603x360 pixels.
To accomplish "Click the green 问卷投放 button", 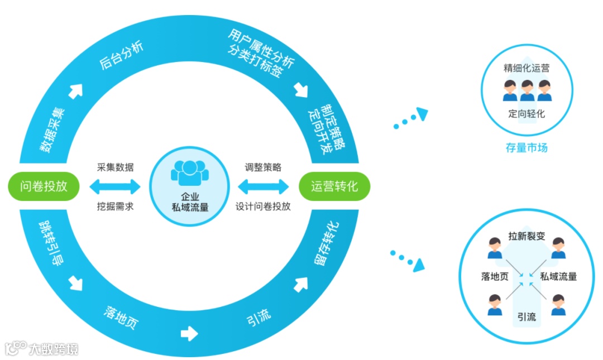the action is [x=44, y=186].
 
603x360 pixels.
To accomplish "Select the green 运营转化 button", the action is [x=334, y=186].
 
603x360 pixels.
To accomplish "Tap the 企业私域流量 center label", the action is [x=189, y=202].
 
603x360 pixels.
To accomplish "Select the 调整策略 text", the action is [x=263, y=167].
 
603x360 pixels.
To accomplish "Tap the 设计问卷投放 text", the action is [x=263, y=206].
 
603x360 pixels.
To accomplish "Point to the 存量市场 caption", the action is [x=527, y=148].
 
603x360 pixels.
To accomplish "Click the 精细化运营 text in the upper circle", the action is [x=527, y=68].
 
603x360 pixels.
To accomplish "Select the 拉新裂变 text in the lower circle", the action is [x=527, y=236].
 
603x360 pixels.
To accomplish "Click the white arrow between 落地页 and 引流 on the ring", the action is [x=190, y=334].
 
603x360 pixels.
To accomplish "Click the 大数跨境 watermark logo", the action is [x=41, y=349].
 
